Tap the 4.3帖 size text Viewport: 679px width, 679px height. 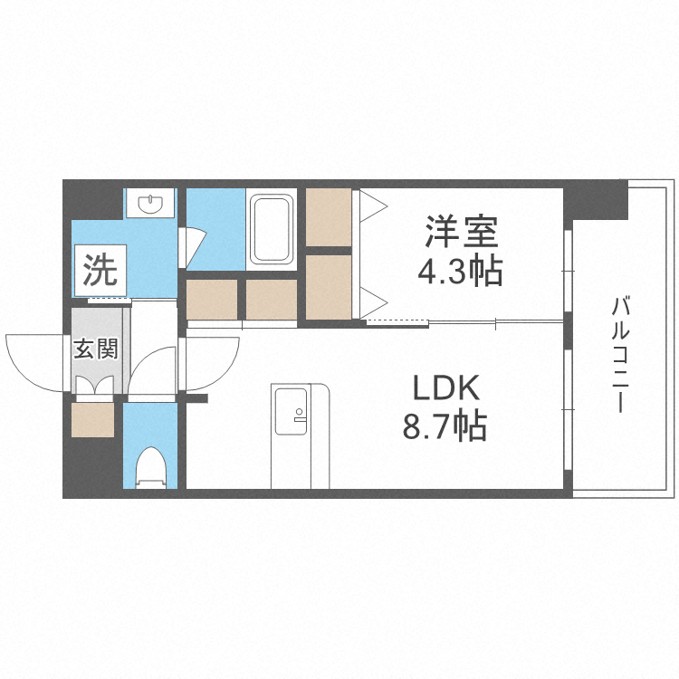pos(461,270)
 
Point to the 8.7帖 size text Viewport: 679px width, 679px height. pos(445,424)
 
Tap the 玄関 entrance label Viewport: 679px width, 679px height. pos(94,349)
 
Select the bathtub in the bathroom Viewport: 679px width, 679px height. pos(271,228)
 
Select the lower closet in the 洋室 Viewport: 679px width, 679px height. pos(328,286)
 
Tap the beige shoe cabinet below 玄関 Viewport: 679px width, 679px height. pos(94,419)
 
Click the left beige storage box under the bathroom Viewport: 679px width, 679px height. pos(212,300)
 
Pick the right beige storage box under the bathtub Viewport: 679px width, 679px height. pos(272,300)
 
